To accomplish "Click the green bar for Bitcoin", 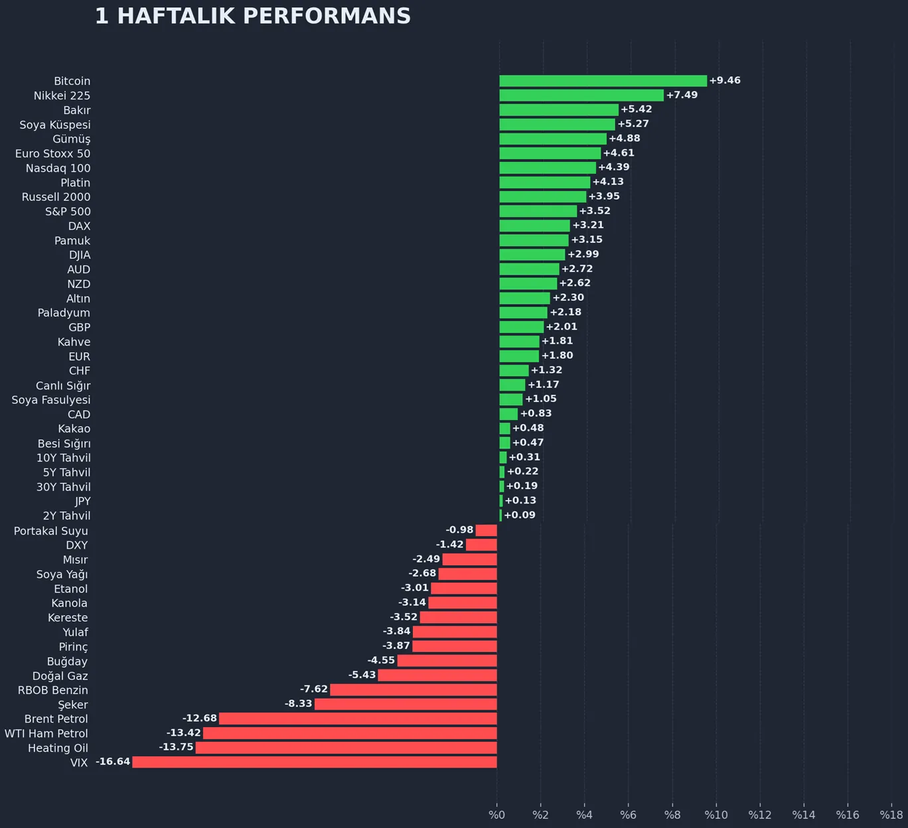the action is (603, 81).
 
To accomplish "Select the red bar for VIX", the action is (315, 762).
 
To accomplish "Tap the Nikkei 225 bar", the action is (581, 96).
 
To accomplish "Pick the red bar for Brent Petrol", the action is (358, 719).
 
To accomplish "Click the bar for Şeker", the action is (406, 704).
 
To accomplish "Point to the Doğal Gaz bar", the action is (437, 675).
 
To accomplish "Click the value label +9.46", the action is (725, 80).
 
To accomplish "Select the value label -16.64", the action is (113, 762).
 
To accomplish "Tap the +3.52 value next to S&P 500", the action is (595, 211).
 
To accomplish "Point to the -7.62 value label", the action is (314, 689).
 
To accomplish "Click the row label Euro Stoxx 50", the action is (52, 154).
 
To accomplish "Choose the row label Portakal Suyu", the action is (50, 531).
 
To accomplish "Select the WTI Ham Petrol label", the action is (46, 733).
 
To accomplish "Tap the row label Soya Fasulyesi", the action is (50, 400).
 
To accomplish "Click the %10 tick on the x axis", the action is (716, 815).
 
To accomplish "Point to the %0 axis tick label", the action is (496, 815).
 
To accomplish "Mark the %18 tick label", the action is (891, 815).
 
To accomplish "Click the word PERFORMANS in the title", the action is (327, 17).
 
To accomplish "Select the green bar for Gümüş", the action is (553, 139).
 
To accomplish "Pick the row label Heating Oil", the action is (58, 748).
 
